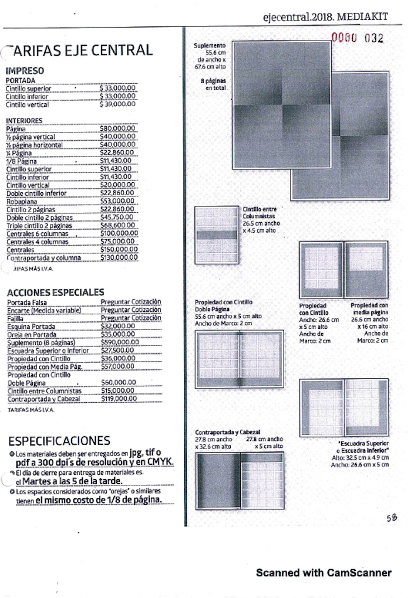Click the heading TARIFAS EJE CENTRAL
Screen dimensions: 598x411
pos(80,50)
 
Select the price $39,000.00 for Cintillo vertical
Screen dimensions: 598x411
pos(118,104)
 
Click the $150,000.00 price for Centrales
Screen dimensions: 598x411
pos(119,249)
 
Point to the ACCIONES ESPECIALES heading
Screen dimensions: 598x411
pos(55,292)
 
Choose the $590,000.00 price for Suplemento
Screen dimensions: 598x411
pos(120,342)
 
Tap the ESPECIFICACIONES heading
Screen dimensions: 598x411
pos(59,441)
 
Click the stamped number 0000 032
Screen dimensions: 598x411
pos(358,39)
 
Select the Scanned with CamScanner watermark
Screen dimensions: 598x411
pos(324,573)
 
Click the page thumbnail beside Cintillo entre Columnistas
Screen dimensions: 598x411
pos(217,235)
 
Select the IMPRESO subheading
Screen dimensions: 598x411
pos(25,71)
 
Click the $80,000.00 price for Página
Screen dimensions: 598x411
pos(118,128)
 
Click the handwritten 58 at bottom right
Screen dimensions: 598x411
pos(392,518)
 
